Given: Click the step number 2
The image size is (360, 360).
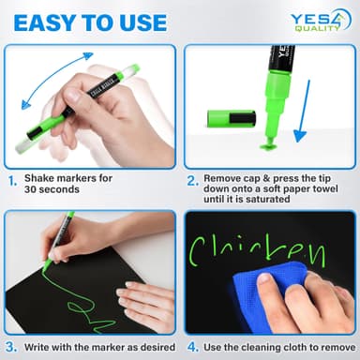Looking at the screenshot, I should [x=192, y=178].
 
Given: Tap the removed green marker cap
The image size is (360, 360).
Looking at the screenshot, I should [x=230, y=118].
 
